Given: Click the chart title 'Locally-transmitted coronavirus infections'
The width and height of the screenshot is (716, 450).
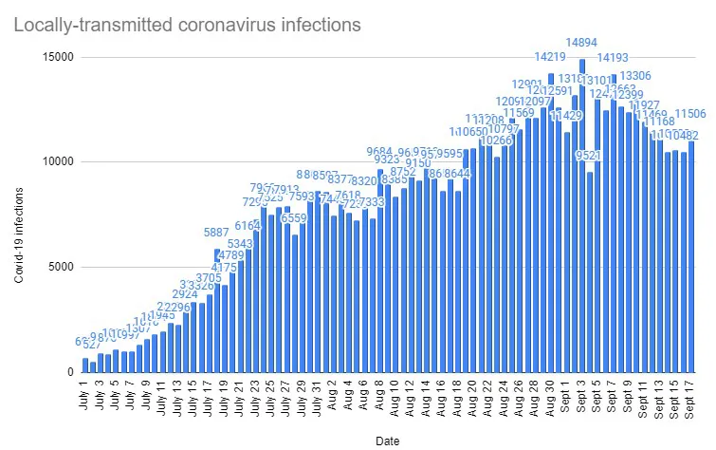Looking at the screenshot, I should [x=187, y=25].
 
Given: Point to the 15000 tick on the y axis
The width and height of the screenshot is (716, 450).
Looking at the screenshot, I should [x=58, y=57].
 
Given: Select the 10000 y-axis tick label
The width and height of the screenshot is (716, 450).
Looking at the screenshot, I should [x=58, y=162].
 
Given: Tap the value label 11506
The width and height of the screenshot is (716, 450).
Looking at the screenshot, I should [x=689, y=114].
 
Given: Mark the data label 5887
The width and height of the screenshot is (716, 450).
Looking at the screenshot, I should [x=217, y=233].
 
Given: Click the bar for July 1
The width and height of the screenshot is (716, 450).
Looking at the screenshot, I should [x=84, y=366].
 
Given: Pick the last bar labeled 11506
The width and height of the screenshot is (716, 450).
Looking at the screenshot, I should [x=690, y=257].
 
